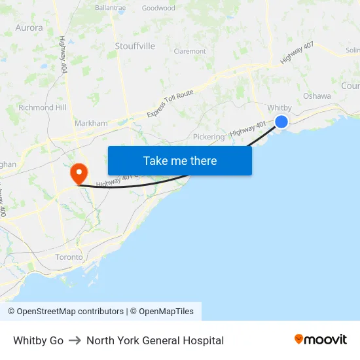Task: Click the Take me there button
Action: [179, 160]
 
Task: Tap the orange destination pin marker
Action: [79, 173]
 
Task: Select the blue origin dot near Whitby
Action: [281, 121]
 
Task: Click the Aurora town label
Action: [29, 28]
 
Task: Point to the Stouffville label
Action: [135, 46]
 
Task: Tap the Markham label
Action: [91, 123]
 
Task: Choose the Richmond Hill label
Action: [43, 107]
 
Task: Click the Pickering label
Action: [209, 137]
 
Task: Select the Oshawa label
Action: [317, 96]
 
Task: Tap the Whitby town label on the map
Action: [279, 107]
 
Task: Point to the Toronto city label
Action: [69, 257]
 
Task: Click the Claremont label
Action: [190, 51]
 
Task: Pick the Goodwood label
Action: [158, 9]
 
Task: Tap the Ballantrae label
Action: [111, 8]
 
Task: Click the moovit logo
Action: [321, 340]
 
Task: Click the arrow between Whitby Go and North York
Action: [75, 340]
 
